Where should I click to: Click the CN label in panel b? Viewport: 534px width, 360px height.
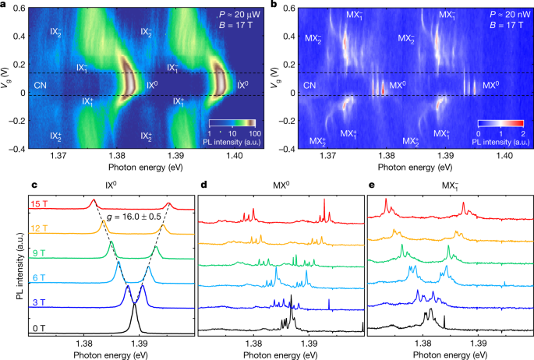[309, 84]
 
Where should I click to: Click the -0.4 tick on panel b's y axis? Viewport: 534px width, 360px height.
[288, 148]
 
